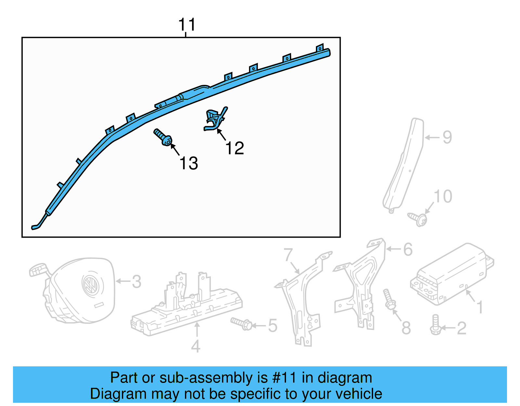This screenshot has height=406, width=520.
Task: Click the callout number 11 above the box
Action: (187, 24)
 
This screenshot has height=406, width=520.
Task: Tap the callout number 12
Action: (235, 148)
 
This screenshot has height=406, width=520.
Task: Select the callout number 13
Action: (189, 163)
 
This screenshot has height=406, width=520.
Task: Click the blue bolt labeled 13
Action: (163, 137)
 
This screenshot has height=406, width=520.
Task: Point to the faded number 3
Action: (136, 282)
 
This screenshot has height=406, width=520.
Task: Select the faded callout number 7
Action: (288, 255)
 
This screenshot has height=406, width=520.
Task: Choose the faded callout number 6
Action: (408, 249)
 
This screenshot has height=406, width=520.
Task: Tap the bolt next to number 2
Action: (435, 324)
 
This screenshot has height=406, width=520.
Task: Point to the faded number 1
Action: (480, 307)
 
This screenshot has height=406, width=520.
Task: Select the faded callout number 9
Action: (447, 137)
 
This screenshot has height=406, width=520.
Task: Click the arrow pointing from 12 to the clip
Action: (221, 135)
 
